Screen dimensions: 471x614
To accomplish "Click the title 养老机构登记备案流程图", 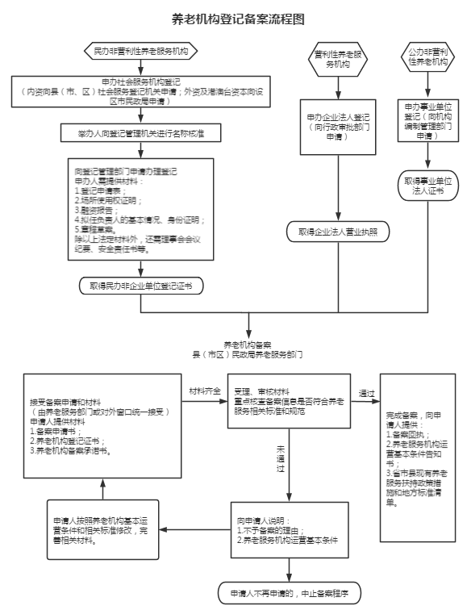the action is click(x=238, y=19).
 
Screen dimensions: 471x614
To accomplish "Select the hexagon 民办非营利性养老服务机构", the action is click(x=141, y=51).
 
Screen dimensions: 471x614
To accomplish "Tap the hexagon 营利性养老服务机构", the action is click(x=338, y=60).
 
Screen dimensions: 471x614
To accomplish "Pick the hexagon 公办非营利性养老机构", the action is click(x=428, y=57).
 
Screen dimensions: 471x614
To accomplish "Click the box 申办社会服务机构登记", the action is click(x=141, y=92).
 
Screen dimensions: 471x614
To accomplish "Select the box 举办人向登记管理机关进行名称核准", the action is click(x=141, y=133).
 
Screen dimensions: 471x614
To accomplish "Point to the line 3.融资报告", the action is click(x=96, y=211).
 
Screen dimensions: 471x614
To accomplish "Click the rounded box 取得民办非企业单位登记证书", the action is click(x=141, y=286).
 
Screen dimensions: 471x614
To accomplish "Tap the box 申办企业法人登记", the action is click(x=338, y=127).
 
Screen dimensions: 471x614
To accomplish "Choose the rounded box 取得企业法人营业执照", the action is click(x=338, y=232).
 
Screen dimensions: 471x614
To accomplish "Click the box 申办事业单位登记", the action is click(x=428, y=120).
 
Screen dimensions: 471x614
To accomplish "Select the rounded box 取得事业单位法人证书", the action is click(x=428, y=186).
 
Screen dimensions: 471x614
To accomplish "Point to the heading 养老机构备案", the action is click(x=248, y=345).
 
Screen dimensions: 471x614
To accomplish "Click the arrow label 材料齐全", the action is click(x=205, y=391).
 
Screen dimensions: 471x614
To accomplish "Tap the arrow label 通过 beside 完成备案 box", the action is click(x=367, y=394).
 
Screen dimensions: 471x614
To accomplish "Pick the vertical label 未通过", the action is click(x=281, y=458).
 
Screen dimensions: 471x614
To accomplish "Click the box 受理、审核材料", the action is click(x=290, y=401).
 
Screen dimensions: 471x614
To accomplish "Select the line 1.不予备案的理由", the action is click(x=270, y=531).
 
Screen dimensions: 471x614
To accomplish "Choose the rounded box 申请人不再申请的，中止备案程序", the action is click(x=290, y=593).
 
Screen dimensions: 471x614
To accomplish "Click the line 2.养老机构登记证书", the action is click(x=67, y=441).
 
